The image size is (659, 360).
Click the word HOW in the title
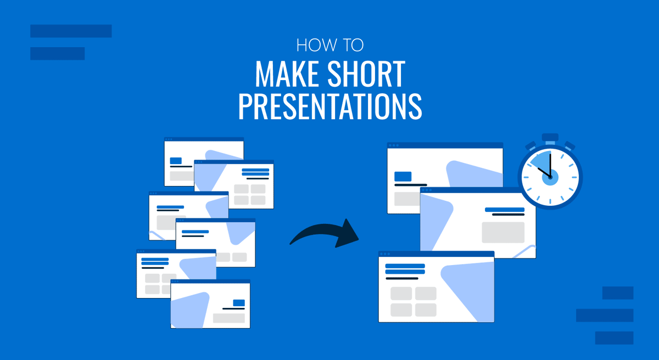317,45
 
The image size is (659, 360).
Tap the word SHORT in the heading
366,74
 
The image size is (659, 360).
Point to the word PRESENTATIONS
330,106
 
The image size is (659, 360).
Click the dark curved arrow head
348,233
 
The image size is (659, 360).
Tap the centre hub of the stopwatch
550,177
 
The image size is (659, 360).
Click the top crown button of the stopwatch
550,137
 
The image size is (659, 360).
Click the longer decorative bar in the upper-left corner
71,31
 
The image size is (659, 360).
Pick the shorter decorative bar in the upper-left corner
57,53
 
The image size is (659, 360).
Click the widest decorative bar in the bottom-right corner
605,316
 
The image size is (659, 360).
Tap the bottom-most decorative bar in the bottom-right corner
615,338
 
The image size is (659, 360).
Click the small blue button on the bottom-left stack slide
239,303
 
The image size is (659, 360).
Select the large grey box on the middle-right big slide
503,233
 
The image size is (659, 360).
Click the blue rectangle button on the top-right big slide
403,177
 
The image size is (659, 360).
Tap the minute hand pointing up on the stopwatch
550,165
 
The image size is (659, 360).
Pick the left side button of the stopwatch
531,146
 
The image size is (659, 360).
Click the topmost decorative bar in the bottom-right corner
618,293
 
